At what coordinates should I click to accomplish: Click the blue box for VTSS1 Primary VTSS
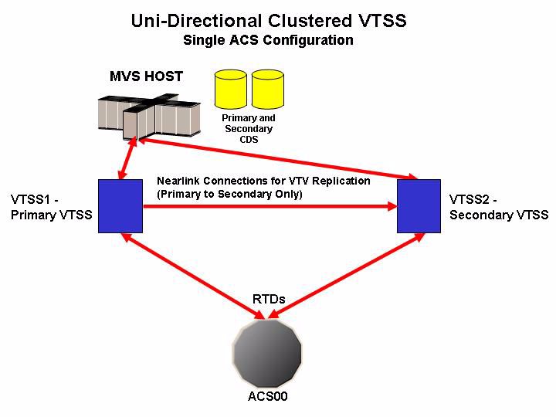click(x=120, y=206)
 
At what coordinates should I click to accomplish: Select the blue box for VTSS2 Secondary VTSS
click(x=419, y=206)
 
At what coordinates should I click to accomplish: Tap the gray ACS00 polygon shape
click(x=267, y=353)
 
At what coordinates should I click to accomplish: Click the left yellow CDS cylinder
click(x=231, y=89)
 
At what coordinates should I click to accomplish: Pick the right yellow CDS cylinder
click(x=268, y=89)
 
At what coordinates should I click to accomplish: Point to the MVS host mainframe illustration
click(x=149, y=117)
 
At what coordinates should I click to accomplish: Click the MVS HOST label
click(x=146, y=76)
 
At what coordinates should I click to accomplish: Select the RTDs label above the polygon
click(x=269, y=300)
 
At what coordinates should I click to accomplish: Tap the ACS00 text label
click(x=267, y=396)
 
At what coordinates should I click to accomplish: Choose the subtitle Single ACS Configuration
click(x=268, y=40)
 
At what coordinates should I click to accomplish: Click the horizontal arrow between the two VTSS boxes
click(x=270, y=206)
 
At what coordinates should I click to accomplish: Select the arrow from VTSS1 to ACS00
click(x=194, y=276)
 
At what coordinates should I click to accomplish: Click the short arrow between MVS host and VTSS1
click(x=127, y=158)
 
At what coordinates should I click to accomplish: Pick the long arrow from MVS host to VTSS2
click(x=277, y=158)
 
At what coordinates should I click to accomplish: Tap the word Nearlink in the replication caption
click(x=178, y=181)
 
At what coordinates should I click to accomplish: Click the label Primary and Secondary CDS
click(x=249, y=128)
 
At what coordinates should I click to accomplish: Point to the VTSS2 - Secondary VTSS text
click(x=499, y=207)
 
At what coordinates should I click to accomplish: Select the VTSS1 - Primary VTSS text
click(x=52, y=207)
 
